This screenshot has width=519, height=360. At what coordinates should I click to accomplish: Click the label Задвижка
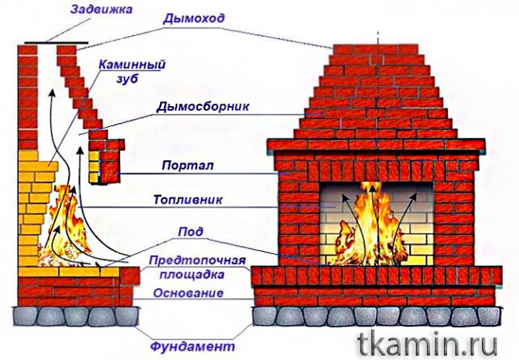click(101, 9)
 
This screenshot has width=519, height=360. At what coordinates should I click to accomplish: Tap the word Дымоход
click(193, 19)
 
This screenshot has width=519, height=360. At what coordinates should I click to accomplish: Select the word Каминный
click(132, 64)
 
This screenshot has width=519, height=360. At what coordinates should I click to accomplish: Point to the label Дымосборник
click(203, 107)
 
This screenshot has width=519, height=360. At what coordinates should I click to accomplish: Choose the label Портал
click(188, 165)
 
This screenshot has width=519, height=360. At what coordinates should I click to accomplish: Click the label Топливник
click(188, 200)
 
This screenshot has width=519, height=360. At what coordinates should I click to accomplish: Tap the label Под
click(190, 231)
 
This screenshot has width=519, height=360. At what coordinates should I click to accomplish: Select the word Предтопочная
click(197, 260)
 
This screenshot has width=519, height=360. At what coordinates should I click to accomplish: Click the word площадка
click(192, 275)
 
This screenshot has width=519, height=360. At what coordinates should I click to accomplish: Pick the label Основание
click(188, 293)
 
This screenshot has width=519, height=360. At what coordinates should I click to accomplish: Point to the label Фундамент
click(193, 347)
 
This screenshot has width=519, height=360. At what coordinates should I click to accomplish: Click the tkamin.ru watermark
click(428, 345)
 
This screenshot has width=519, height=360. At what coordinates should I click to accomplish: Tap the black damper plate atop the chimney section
click(56, 43)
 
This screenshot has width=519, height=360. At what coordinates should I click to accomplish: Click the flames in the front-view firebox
click(372, 228)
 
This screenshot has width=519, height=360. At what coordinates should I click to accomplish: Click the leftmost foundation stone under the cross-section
click(25, 316)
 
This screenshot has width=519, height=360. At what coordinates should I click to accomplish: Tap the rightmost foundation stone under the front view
click(488, 317)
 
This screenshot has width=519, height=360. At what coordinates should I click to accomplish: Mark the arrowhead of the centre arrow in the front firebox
click(373, 189)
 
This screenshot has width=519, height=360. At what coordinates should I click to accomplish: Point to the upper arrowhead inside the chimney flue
click(51, 92)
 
